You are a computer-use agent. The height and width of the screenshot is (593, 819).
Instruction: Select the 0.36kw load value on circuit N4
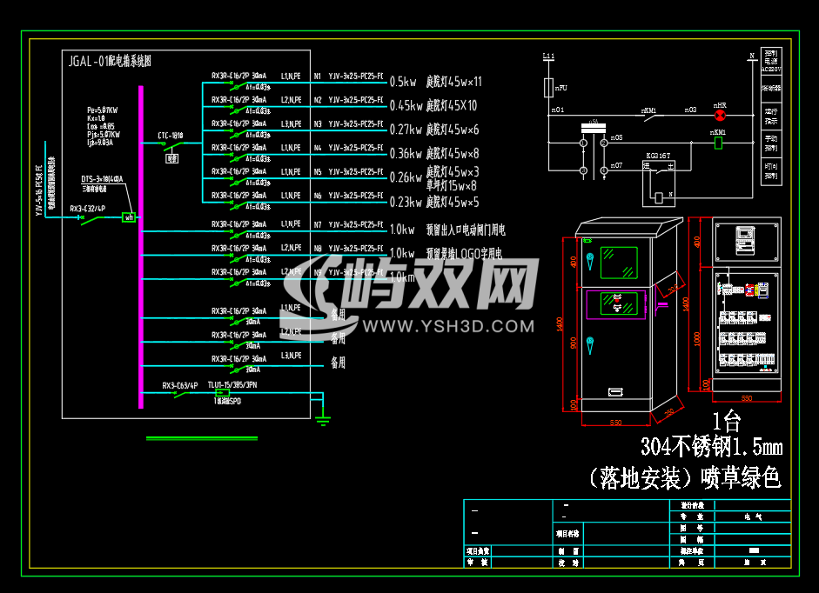pyautogui.click(x=406, y=154)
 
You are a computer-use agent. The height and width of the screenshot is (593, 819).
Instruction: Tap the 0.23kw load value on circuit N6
pyautogui.click(x=406, y=202)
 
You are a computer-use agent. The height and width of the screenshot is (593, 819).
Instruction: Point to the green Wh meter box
pyautogui.click(x=129, y=217)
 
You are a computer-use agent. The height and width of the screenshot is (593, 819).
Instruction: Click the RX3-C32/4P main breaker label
pyautogui.click(x=87, y=209)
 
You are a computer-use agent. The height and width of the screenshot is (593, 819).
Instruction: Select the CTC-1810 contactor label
pyautogui.click(x=170, y=136)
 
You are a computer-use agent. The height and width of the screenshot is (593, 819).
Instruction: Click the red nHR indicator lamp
pyautogui.click(x=719, y=115)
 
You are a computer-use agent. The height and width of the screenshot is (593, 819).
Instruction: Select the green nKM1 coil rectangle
pyautogui.click(x=719, y=143)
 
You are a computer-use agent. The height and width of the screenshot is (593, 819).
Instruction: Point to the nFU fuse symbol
pyautogui.click(x=548, y=88)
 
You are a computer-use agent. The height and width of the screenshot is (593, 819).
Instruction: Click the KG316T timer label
pyautogui.click(x=659, y=156)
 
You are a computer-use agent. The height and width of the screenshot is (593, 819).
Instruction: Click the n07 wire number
pyautogui.click(x=616, y=164)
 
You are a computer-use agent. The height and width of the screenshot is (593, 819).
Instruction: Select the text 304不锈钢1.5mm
pyautogui.click(x=710, y=448)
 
